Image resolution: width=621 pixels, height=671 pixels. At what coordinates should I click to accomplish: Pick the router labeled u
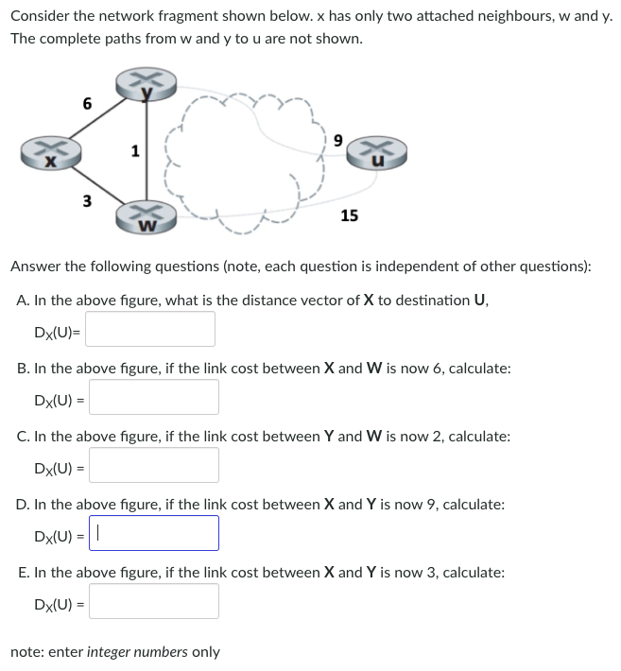point(377,154)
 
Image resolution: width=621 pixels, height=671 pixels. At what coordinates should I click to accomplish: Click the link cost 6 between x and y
point(87,104)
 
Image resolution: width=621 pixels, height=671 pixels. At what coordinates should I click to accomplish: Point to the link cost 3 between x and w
point(87,200)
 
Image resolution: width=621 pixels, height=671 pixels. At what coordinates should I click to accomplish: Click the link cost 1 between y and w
point(135,150)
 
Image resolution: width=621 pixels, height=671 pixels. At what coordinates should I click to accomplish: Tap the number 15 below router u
point(349,215)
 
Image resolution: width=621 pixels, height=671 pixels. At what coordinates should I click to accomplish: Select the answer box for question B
point(154,398)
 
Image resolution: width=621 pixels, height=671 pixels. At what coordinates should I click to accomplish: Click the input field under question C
point(154,466)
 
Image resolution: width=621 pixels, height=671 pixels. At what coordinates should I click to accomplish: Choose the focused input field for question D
point(154,533)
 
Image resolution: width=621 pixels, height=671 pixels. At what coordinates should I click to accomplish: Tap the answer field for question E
point(154,601)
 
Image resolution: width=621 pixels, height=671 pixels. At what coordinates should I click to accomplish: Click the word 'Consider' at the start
point(41,17)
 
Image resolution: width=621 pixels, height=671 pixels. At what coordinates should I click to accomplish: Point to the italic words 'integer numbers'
point(153,652)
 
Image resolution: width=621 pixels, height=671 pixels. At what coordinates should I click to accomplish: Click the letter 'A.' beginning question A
point(24,301)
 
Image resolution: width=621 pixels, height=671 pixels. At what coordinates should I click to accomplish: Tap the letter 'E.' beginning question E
point(24,573)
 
